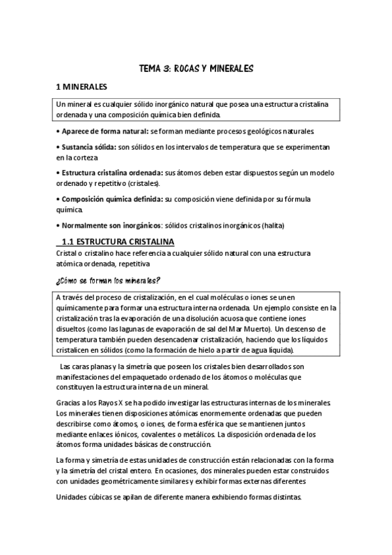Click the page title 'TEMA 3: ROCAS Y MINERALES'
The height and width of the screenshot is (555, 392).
pos(196,68)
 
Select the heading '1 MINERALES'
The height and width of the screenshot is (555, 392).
pos(86,86)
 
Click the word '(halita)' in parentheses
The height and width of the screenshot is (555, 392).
pos(272,226)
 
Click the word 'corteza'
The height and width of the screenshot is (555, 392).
pos(83,158)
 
